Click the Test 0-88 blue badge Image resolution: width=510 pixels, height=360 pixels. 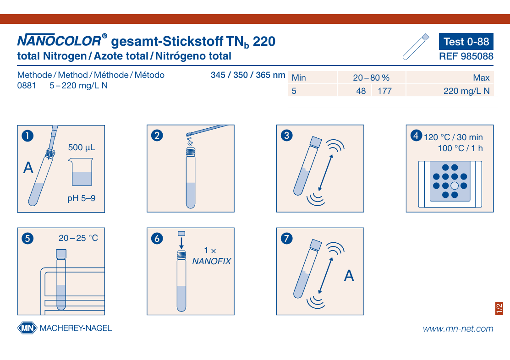(466, 41)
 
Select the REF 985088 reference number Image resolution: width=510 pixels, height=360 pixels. (466, 56)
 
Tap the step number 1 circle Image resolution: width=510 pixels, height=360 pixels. (27, 136)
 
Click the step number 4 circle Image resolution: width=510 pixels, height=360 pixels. (417, 135)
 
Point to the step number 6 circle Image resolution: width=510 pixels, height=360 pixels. (157, 238)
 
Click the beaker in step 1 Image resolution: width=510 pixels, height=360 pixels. (81, 172)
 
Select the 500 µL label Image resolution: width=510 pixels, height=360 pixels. (82, 147)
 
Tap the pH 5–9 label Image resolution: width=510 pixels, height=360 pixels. (81, 198)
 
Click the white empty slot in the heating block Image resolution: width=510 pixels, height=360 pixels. (455, 185)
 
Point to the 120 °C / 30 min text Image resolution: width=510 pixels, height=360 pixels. (453, 137)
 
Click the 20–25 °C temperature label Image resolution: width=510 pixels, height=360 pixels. (78, 238)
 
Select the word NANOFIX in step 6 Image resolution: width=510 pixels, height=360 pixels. (211, 261)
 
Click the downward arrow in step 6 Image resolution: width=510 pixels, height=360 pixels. (181, 243)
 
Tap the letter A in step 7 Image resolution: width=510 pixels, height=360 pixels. (349, 276)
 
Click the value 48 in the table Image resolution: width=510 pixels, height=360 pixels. (361, 91)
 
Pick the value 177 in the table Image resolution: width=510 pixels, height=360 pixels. (384, 91)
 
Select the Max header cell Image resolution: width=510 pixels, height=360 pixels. (450, 78)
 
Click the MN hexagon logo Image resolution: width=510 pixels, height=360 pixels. (27, 328)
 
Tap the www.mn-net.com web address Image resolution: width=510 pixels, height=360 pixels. (458, 329)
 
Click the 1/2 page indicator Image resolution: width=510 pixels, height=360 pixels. (499, 308)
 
